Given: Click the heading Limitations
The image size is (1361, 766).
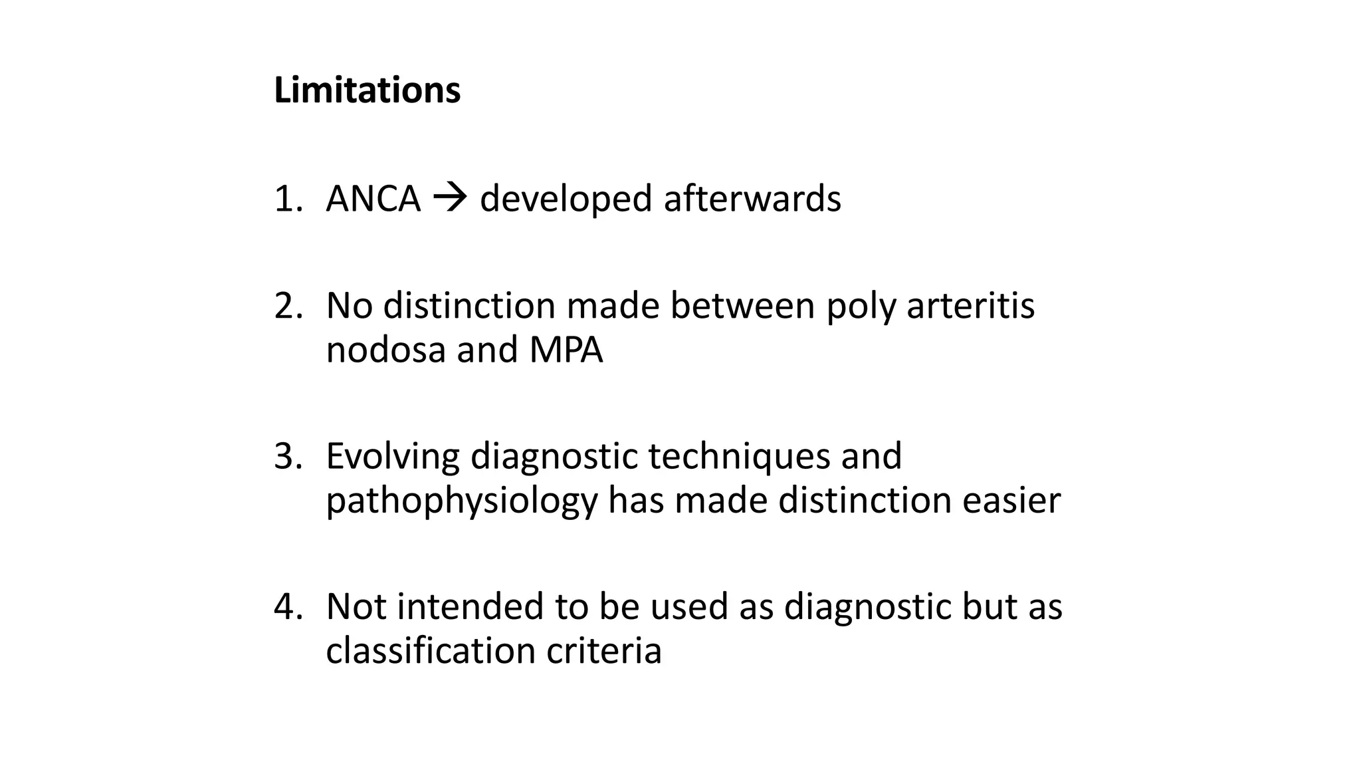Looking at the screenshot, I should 367,90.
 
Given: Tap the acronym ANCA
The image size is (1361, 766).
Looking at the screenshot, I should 373,199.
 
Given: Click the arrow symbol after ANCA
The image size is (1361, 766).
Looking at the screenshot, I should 450,198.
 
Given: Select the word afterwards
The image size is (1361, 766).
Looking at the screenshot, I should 752,199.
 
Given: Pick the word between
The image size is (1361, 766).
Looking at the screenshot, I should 742,307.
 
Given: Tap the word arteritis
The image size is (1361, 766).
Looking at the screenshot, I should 970,307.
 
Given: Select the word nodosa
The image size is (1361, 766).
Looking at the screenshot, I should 385,350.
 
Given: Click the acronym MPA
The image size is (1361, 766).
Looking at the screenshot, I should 566,350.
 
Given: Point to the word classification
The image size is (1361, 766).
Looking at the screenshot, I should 431,650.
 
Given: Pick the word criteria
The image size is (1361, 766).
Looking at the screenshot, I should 604,650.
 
